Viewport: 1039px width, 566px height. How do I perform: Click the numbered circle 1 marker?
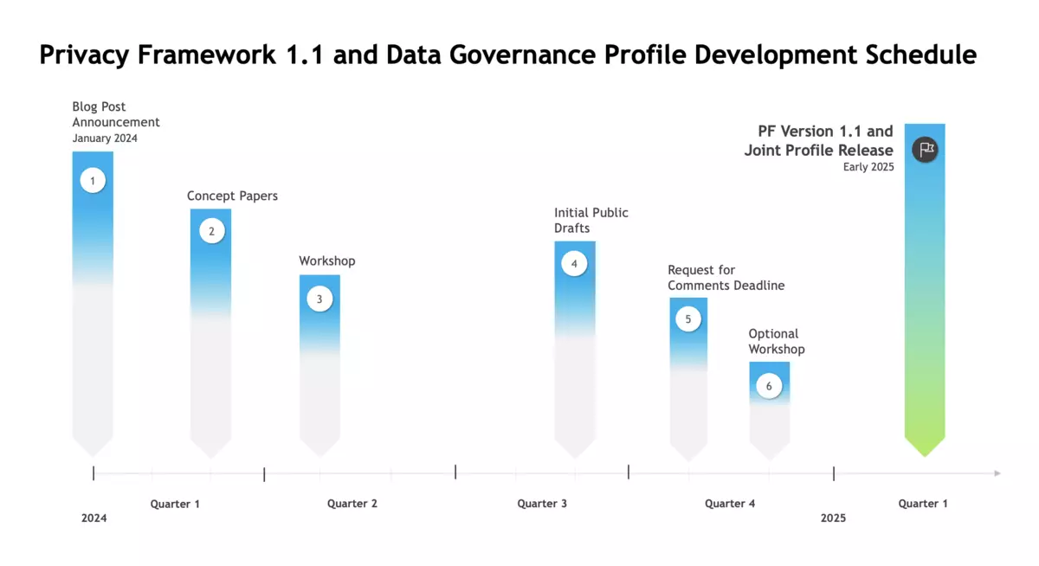click(x=93, y=180)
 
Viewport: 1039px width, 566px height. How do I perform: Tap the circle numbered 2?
click(x=212, y=231)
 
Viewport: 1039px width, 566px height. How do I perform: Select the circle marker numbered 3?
click(x=319, y=299)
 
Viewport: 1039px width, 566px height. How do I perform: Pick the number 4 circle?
click(x=574, y=264)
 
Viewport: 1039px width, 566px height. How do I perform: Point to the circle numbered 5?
click(x=688, y=319)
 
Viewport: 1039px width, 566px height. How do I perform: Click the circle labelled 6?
click(x=769, y=386)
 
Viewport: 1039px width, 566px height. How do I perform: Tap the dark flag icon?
click(x=926, y=149)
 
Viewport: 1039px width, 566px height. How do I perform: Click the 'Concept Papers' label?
click(x=232, y=196)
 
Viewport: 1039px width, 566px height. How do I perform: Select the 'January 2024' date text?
click(x=105, y=138)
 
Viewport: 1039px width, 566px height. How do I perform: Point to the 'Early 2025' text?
click(x=868, y=167)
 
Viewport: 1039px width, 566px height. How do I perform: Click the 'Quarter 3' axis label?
click(x=542, y=504)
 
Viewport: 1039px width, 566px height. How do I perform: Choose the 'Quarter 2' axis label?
click(x=352, y=504)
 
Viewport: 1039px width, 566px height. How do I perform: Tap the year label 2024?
click(x=94, y=518)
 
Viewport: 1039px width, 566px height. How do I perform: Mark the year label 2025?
click(x=833, y=518)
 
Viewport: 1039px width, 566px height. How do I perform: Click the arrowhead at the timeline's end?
click(x=997, y=473)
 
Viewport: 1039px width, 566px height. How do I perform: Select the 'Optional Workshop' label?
click(x=777, y=341)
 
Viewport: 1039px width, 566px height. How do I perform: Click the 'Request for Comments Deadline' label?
click(x=726, y=278)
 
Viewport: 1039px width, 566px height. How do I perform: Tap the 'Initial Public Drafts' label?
click(x=590, y=220)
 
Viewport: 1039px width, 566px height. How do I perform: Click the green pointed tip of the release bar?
click(x=925, y=456)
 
